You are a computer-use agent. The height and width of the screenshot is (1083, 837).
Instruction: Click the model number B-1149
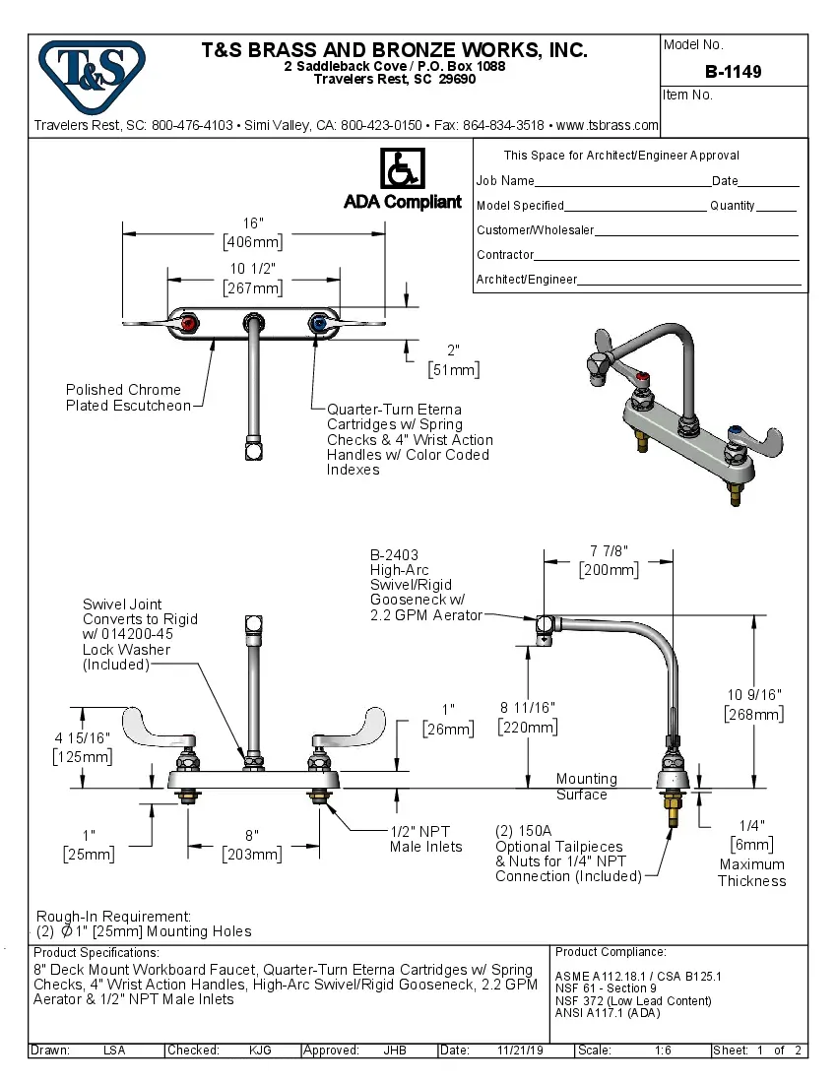click(x=733, y=72)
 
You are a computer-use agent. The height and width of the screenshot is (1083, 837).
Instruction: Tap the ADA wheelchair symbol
click(x=402, y=169)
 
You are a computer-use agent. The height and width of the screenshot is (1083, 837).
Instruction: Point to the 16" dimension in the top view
click(x=253, y=223)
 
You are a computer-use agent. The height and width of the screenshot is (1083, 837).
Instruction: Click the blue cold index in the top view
click(x=317, y=322)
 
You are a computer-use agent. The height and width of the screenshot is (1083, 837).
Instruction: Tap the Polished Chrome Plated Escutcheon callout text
click(x=128, y=398)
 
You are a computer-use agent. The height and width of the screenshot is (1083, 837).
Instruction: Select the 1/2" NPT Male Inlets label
click(x=425, y=839)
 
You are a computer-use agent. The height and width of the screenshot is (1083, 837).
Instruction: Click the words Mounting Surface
click(x=586, y=787)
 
